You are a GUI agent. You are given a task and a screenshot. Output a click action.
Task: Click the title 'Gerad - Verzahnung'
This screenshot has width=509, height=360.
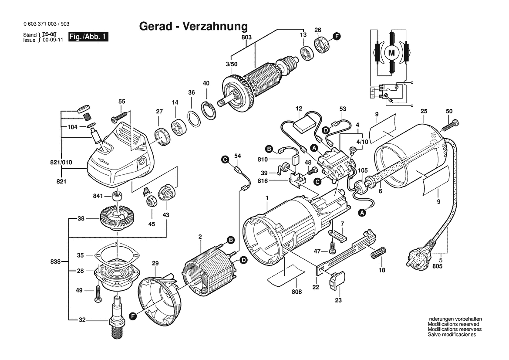click(x=193, y=26)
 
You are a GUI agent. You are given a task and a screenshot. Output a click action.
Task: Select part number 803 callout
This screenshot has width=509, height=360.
click(x=246, y=38)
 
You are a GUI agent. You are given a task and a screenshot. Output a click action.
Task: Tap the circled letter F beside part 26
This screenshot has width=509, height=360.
click(x=336, y=36)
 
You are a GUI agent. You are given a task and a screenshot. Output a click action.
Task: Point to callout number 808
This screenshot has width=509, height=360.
click(x=297, y=292)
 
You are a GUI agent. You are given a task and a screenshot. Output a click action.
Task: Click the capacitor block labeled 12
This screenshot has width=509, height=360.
click(x=305, y=126)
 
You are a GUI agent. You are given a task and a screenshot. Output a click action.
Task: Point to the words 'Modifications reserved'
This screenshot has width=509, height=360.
click(x=453, y=324)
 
